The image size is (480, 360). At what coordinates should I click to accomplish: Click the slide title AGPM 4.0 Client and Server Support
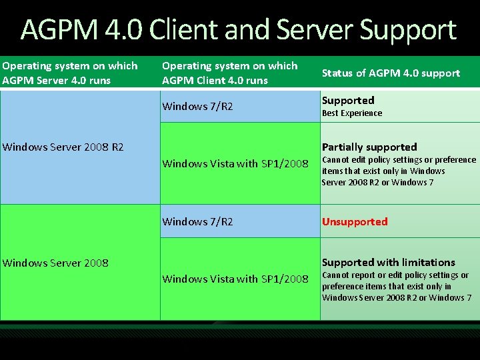238,31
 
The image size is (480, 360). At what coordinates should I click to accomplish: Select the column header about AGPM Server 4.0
70,73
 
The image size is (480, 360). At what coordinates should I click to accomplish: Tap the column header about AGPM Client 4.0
230,73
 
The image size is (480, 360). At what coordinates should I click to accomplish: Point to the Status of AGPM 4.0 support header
391,73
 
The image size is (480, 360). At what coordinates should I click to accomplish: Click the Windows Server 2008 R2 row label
63,147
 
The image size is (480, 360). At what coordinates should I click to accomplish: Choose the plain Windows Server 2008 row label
55,263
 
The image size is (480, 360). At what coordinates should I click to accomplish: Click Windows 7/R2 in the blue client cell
197,107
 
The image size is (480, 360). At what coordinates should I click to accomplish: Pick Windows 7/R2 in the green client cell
197,221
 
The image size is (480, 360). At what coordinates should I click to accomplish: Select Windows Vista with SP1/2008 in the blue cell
235,163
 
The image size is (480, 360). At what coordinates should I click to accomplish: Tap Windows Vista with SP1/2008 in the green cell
235,279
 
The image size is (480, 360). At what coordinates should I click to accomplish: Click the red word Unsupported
355,221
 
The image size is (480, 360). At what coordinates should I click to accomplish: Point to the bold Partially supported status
369,147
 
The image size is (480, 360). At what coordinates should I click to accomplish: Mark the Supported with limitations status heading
389,262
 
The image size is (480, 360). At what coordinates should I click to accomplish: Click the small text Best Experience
352,113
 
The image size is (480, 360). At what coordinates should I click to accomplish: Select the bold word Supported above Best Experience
348,100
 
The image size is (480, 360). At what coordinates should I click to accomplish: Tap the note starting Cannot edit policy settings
399,171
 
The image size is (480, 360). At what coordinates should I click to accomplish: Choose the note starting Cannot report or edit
397,286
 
